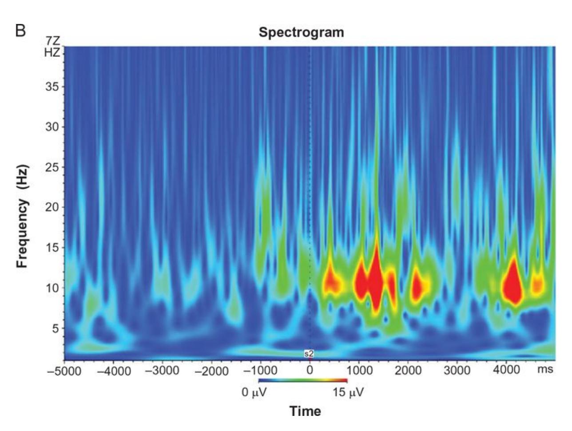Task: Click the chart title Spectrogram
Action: coord(301,32)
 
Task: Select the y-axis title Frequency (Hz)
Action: coord(23,217)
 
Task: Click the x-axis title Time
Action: coord(305,411)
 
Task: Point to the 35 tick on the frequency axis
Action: coord(52,87)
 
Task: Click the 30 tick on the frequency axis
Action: coord(52,127)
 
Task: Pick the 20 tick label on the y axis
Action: coord(52,207)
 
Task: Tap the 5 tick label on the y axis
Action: coord(55,328)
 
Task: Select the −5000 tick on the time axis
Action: coord(64,371)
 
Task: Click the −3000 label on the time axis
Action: coord(162,371)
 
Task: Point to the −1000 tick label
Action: coord(260,371)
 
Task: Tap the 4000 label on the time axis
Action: coord(506,370)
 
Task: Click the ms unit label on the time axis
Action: coord(545,369)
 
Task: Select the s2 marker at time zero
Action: coord(309,354)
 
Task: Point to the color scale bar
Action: coord(302,381)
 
